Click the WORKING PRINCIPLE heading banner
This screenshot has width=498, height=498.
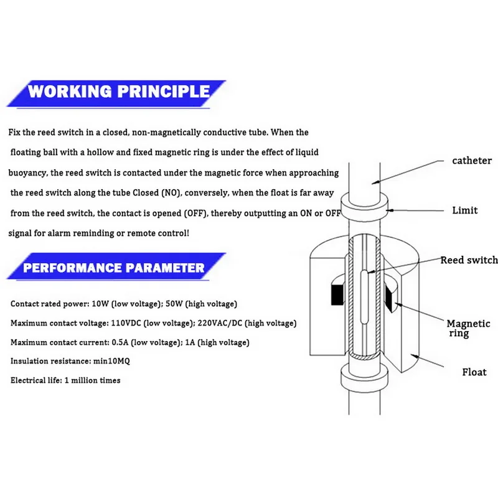coord(118,92)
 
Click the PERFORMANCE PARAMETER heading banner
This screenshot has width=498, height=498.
coord(113,268)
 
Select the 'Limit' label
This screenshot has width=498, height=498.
coord(465,210)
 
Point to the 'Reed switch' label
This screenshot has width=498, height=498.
coord(469,260)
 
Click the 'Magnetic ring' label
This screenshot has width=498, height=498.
coord(468,329)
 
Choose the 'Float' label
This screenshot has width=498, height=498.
coord(474,372)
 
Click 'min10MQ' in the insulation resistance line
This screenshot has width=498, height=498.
coord(108,361)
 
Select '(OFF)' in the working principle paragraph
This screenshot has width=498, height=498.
coord(192,212)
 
